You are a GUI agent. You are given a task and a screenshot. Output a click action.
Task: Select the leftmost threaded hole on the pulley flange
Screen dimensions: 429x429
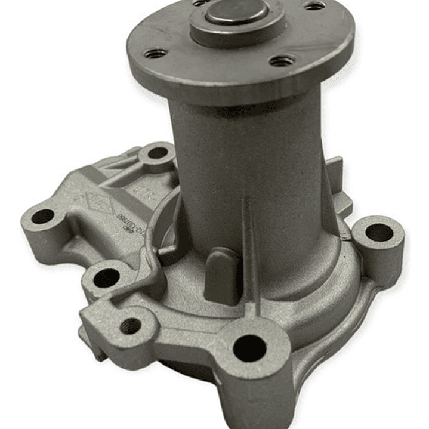[155, 54]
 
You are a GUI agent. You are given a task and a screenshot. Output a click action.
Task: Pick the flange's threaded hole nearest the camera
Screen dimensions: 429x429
[282, 61]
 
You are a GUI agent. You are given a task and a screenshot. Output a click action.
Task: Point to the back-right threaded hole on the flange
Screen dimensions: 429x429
[314, 6]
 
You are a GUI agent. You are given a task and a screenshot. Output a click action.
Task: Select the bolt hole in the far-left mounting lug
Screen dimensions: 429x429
[42, 217]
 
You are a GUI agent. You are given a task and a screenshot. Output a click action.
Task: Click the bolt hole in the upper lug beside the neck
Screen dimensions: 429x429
[158, 153]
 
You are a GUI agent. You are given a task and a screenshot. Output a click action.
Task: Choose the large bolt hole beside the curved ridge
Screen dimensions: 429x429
[107, 276]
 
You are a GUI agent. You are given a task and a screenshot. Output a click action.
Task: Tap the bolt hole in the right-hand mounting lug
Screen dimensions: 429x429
[378, 233]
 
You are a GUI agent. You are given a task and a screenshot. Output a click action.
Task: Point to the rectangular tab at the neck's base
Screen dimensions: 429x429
[222, 274]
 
